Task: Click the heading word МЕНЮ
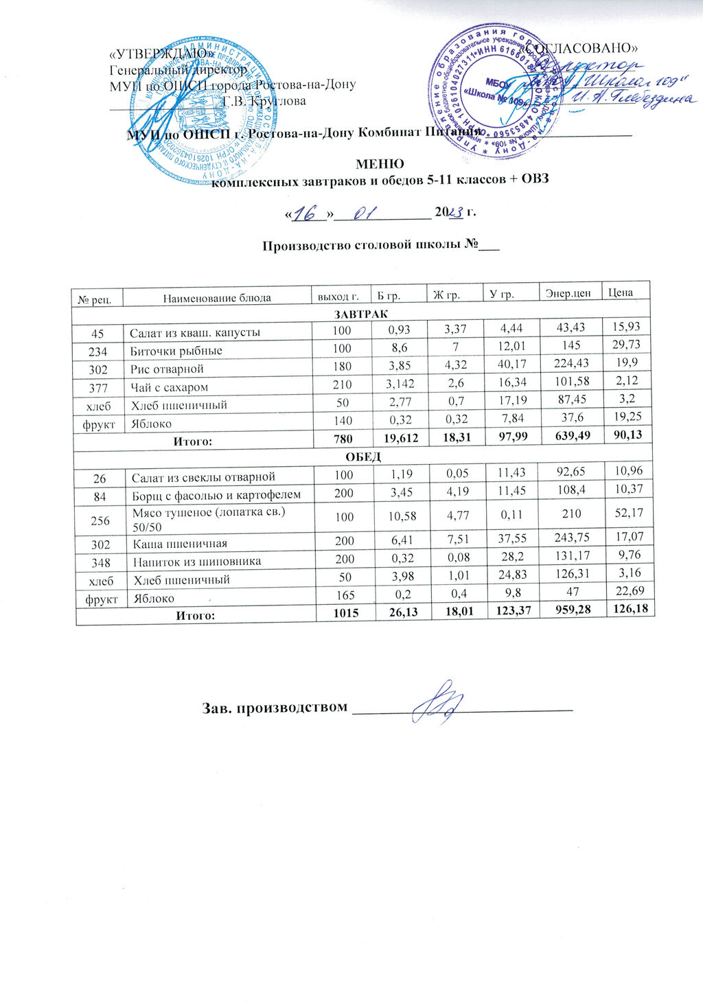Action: point(379,164)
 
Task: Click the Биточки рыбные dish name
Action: point(176,351)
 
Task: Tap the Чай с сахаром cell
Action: point(170,387)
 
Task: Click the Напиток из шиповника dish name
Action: point(197,562)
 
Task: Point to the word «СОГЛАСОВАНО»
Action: point(582,47)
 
